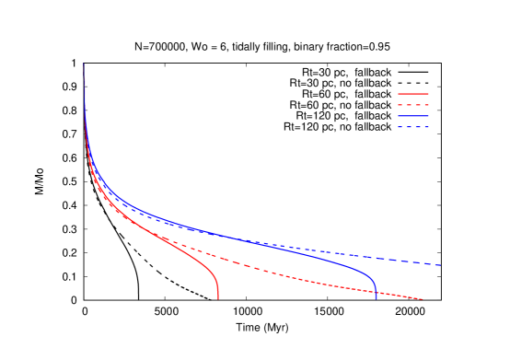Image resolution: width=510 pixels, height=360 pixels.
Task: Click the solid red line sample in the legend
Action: tap(413, 94)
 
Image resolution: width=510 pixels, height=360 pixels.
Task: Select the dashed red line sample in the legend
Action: tap(413, 105)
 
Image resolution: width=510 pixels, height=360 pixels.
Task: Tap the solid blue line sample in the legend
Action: tap(413, 116)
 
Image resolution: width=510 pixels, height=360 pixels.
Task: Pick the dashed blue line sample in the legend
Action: tap(413, 127)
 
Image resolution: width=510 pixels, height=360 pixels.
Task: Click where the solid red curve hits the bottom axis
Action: tap(218, 299)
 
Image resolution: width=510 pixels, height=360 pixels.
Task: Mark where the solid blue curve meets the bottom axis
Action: tap(376, 299)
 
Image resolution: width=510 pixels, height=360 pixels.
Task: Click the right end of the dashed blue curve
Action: tap(441, 265)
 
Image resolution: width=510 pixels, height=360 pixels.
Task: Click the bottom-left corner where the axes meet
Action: tap(85, 299)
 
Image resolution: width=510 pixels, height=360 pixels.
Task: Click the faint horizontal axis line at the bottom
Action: tap(276, 299)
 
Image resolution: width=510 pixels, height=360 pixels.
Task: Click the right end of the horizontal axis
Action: tap(441, 299)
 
